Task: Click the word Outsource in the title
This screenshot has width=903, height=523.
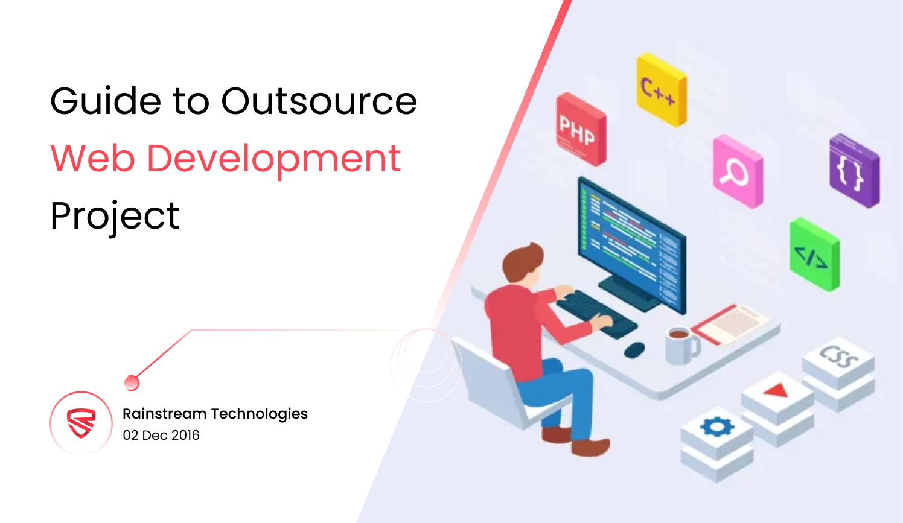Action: (319, 101)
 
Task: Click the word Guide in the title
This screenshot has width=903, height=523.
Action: (106, 101)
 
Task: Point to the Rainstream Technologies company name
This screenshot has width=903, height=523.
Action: (215, 414)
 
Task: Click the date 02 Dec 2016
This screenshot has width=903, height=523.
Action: (161, 435)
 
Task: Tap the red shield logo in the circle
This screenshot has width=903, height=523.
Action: (81, 423)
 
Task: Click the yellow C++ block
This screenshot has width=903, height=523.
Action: (662, 90)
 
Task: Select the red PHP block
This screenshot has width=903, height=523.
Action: (581, 129)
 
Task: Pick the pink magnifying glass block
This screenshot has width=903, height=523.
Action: (738, 172)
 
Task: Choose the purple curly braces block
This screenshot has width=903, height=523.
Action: (855, 171)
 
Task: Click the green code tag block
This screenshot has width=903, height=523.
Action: (815, 255)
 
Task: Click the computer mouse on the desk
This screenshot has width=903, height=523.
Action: (634, 349)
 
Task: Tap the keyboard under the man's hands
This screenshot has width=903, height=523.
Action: (596, 314)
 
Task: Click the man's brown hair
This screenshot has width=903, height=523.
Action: (522, 262)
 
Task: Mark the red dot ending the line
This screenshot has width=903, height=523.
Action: (132, 383)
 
